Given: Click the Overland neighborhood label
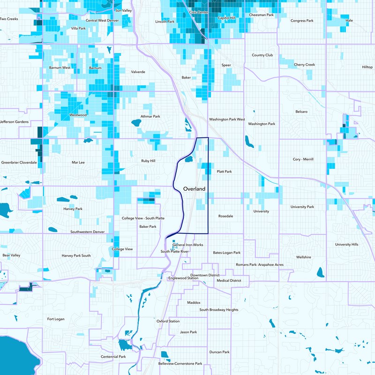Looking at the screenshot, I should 194,188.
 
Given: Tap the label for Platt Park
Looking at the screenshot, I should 224,172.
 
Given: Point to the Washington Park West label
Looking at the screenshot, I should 227,120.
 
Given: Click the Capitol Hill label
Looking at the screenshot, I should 226,18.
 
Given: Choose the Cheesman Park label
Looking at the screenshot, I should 261,15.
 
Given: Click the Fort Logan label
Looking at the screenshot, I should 56,319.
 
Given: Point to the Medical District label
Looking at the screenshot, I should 229,281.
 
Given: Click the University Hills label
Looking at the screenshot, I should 346,244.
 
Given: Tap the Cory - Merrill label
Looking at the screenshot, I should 303,159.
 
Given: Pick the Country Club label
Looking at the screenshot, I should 262,55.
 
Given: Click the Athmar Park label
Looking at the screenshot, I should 150,116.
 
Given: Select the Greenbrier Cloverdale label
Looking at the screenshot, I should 19,162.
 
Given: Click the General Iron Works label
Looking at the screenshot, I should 188,245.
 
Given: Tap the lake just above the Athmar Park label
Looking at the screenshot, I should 136,123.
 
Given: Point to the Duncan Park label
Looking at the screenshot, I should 219,352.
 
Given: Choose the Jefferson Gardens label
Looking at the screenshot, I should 15,122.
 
